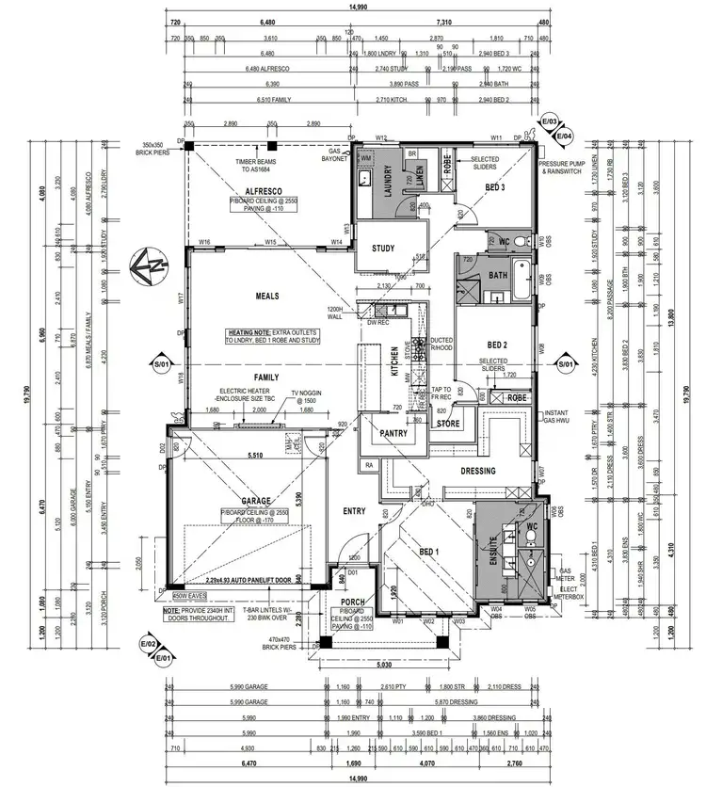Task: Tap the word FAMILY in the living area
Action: (x=268, y=377)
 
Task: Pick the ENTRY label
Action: (x=355, y=511)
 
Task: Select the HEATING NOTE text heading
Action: (x=249, y=333)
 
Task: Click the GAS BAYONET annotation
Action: (x=335, y=155)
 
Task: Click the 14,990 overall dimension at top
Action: (x=356, y=8)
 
